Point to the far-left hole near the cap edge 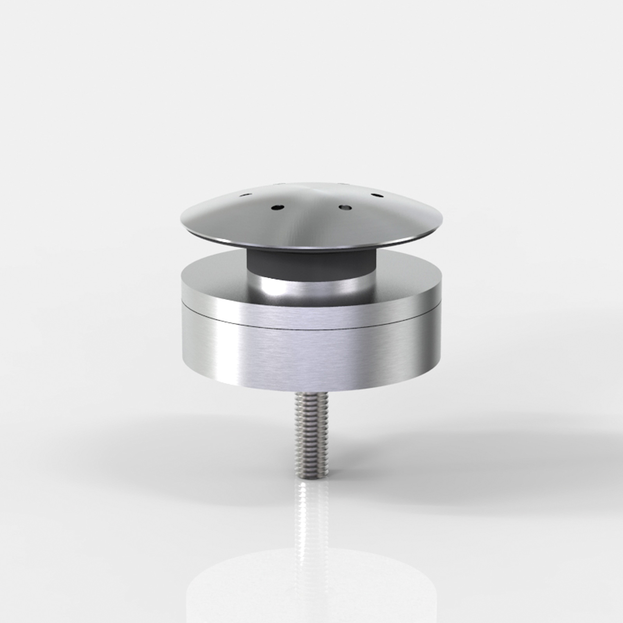[245, 196]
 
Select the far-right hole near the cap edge [377, 196]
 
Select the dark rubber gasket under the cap [311, 261]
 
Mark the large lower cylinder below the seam [311, 356]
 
